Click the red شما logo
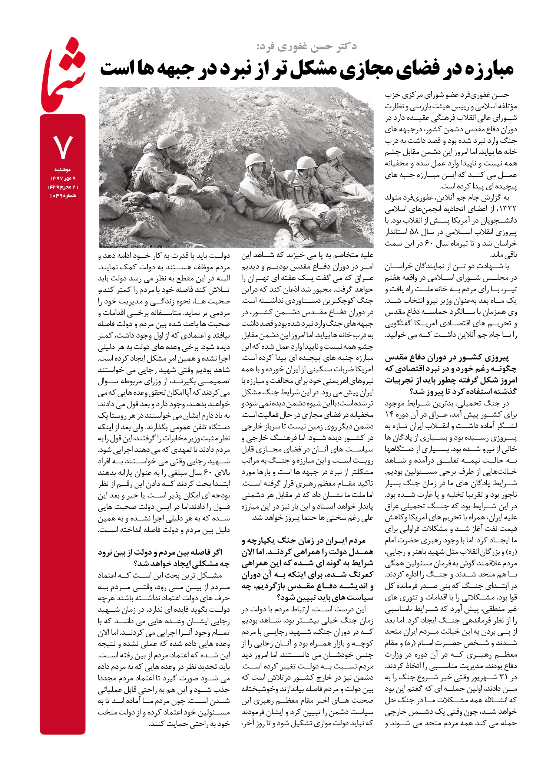coord(63,76)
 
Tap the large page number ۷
coord(63,147)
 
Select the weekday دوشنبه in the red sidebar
coord(63,170)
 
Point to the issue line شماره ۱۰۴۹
coord(63,196)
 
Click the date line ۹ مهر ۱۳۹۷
coord(63,178)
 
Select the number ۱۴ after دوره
coord(389,414)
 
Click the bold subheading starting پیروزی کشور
coord(451,375)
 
